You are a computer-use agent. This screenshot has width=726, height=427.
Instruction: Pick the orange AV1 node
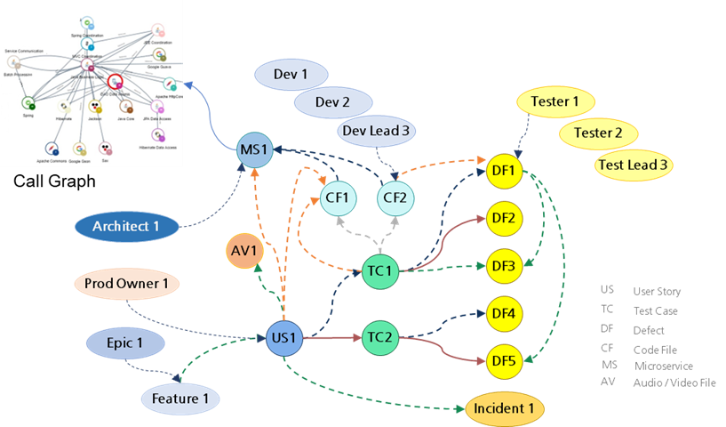coord(243,253)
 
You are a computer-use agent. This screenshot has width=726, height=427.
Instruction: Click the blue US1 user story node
coord(283,338)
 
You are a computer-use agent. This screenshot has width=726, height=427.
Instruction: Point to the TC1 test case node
coord(381,270)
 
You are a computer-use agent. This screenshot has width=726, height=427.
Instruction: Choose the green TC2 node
coord(381,338)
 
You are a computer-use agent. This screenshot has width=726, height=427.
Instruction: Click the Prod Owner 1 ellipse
coord(125,285)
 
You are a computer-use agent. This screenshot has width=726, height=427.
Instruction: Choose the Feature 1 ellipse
coord(180,399)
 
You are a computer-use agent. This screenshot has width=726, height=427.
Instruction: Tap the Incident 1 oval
coord(504,408)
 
